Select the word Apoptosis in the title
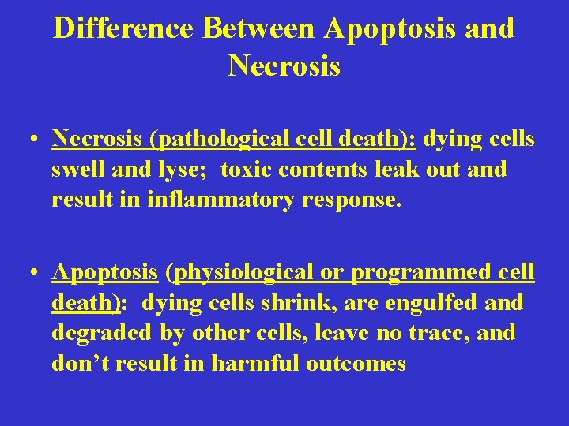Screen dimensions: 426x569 (387, 29)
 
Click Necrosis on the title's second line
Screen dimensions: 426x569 (284, 66)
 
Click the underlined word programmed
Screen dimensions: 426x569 (420, 273)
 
